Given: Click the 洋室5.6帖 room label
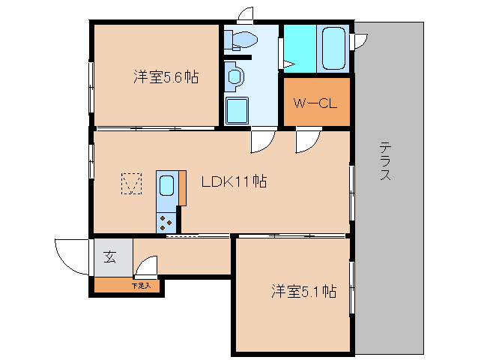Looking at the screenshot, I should (x=166, y=77).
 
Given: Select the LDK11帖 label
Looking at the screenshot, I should (x=234, y=181).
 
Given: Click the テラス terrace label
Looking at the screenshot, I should (x=385, y=161).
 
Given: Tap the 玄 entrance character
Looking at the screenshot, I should (x=110, y=257).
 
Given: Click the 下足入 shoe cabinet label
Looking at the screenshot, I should (x=141, y=286).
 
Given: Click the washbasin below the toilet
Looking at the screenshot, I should (x=235, y=76).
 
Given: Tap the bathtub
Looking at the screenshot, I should (x=333, y=47).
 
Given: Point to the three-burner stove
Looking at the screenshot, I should (x=166, y=221).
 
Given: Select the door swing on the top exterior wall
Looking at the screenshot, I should (x=246, y=15).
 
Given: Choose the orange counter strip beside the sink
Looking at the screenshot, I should (x=182, y=187).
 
